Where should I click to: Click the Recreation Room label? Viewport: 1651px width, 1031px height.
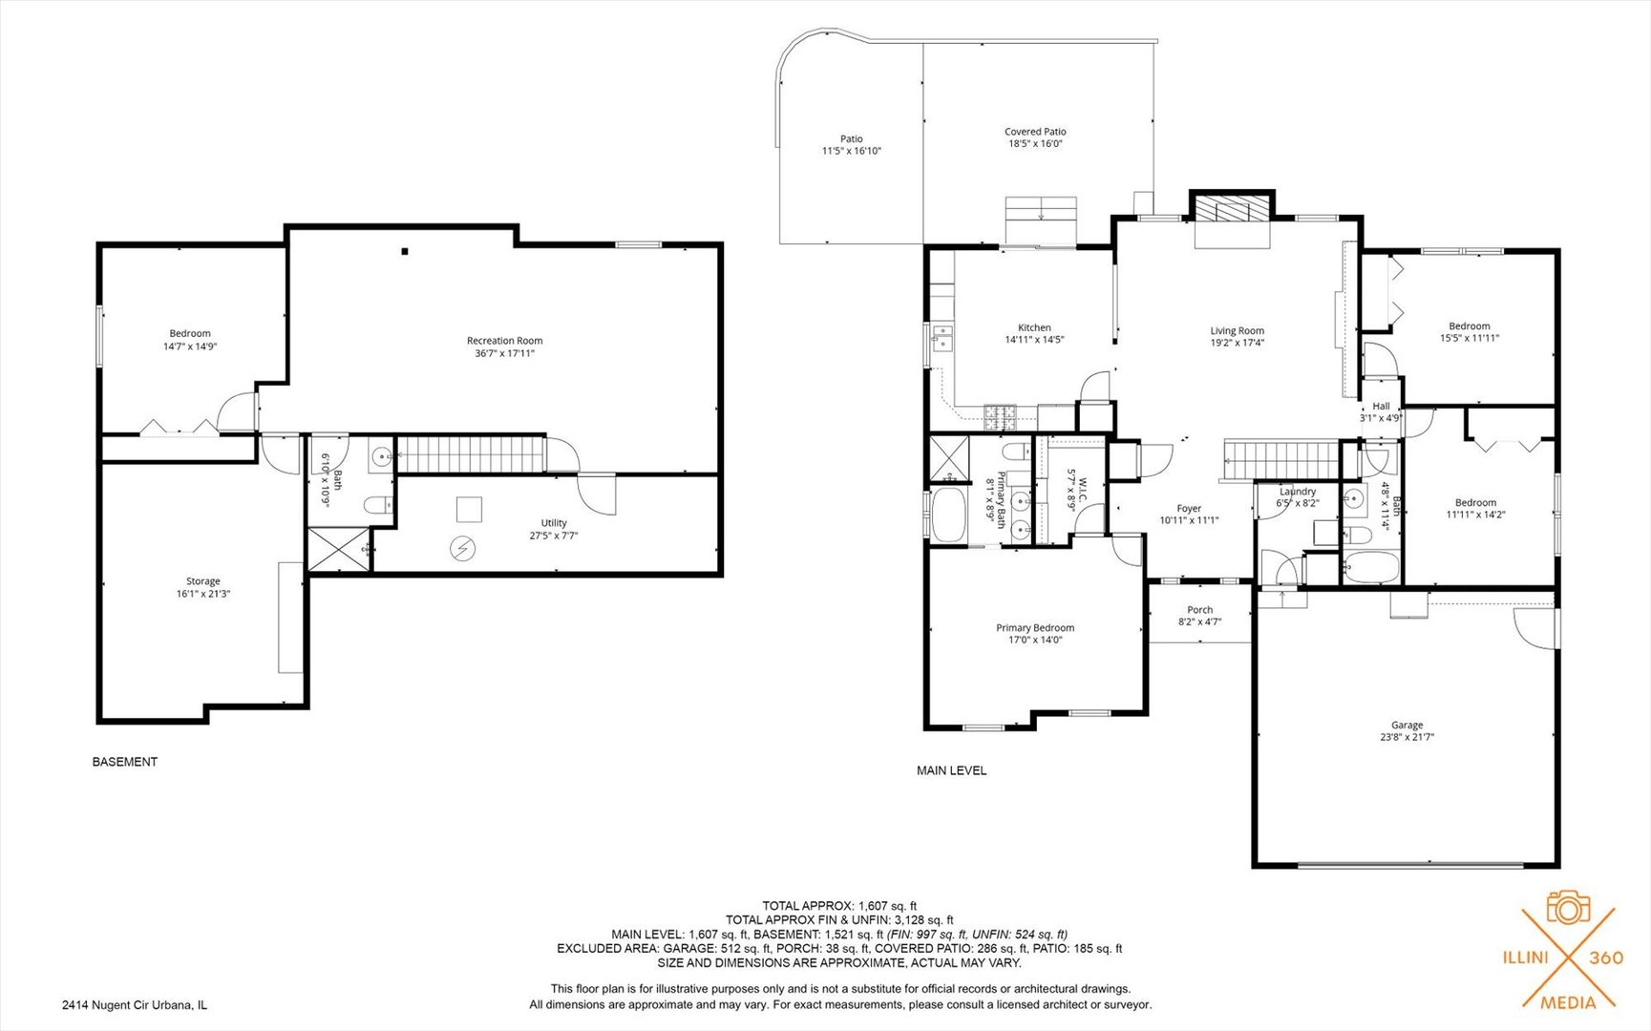(504, 341)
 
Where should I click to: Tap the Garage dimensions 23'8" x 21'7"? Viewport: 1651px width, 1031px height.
(1407, 737)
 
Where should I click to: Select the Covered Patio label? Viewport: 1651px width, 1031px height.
(1035, 132)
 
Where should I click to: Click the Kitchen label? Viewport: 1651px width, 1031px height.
(1034, 327)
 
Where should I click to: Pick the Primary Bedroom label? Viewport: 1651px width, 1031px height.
(1035, 628)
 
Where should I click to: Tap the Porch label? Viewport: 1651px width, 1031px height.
(1200, 610)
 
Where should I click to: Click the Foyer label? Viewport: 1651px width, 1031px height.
(1189, 509)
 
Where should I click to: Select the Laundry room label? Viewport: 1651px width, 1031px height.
(1298, 492)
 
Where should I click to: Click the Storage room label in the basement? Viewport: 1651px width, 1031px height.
(202, 581)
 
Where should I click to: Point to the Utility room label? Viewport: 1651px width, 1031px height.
(554, 523)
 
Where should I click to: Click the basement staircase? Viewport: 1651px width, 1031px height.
(470, 454)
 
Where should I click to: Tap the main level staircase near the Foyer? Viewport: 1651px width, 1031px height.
(1282, 460)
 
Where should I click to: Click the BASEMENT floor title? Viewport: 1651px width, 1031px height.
(125, 762)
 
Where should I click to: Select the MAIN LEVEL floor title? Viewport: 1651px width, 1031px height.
(952, 770)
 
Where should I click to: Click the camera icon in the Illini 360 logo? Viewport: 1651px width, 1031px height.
(1567, 907)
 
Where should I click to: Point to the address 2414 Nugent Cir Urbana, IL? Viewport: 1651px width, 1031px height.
(135, 1005)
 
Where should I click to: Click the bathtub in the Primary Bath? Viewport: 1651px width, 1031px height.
(948, 515)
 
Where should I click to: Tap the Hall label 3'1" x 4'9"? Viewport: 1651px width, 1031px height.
(1381, 411)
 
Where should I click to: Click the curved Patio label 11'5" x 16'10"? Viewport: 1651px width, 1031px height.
(852, 145)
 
